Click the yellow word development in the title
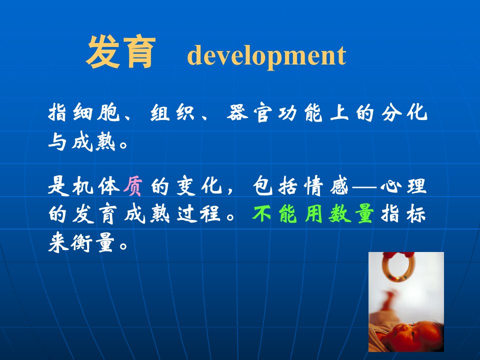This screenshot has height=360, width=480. (x=266, y=55)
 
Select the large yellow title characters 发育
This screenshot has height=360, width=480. (x=120, y=51)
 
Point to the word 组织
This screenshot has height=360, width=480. (x=172, y=113)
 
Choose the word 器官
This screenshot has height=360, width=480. (x=249, y=113)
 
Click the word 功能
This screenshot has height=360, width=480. (x=300, y=113)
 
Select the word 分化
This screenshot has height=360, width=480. (x=404, y=112)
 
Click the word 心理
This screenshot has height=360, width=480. (x=403, y=185)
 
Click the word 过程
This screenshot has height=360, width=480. (x=198, y=213)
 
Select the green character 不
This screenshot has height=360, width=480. (x=261, y=213)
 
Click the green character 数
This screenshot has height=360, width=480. (x=339, y=213)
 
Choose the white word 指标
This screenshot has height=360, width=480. (x=403, y=213)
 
